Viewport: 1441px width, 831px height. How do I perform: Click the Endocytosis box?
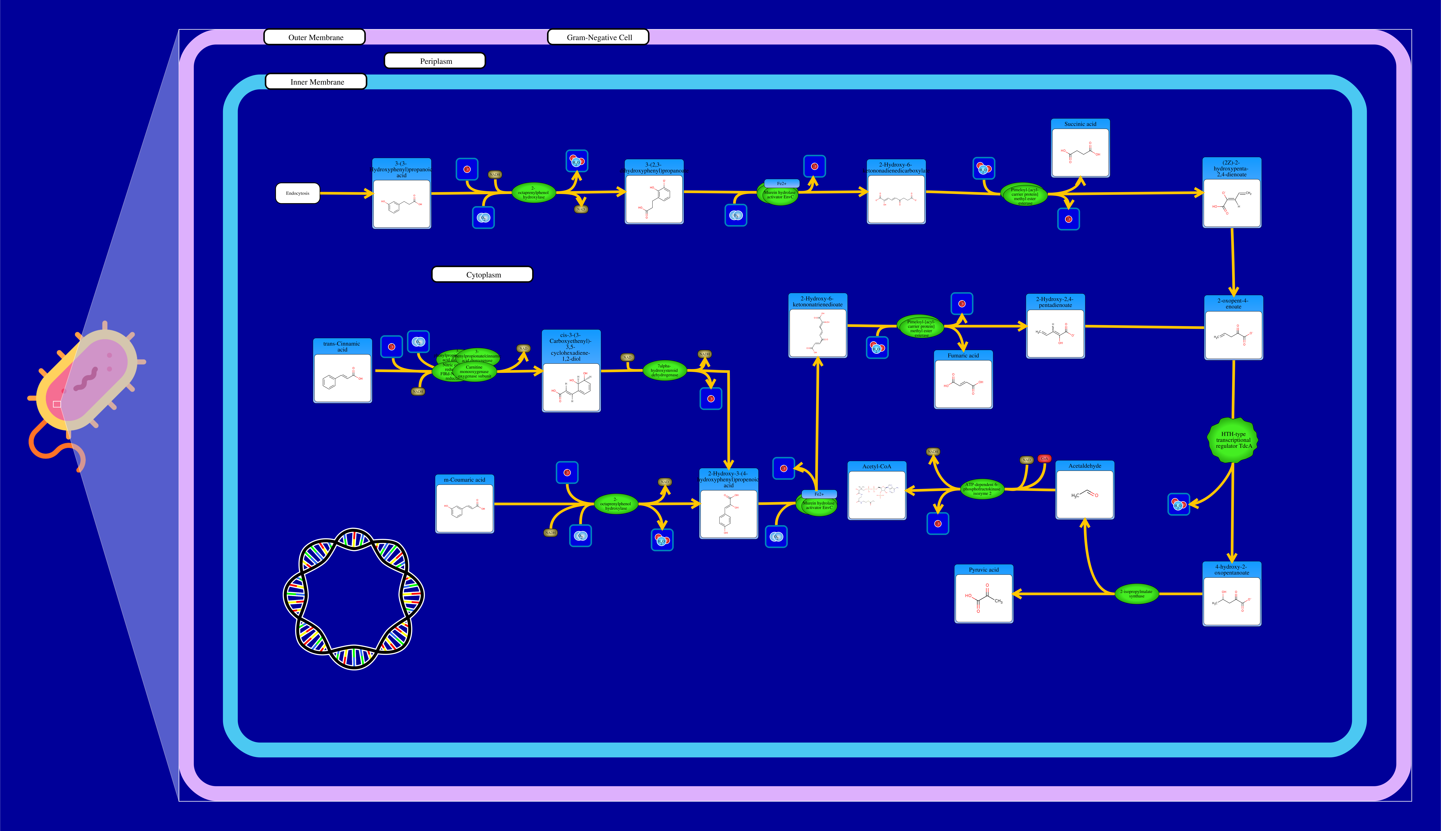coord(298,194)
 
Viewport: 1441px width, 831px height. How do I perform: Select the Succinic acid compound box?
coord(1080,148)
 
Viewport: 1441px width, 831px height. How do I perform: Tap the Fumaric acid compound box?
coord(963,380)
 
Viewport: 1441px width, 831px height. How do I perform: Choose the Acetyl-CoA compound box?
coord(877,491)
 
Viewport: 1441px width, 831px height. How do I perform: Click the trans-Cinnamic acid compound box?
coord(342,371)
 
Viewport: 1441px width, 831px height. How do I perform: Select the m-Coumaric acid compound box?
coord(464,504)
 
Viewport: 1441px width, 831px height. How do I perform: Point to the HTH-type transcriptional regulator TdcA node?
coord(1233,440)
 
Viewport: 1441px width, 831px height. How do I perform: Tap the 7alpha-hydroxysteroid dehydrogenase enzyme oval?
coord(664,370)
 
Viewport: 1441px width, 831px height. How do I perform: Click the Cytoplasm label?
coord(483,275)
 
